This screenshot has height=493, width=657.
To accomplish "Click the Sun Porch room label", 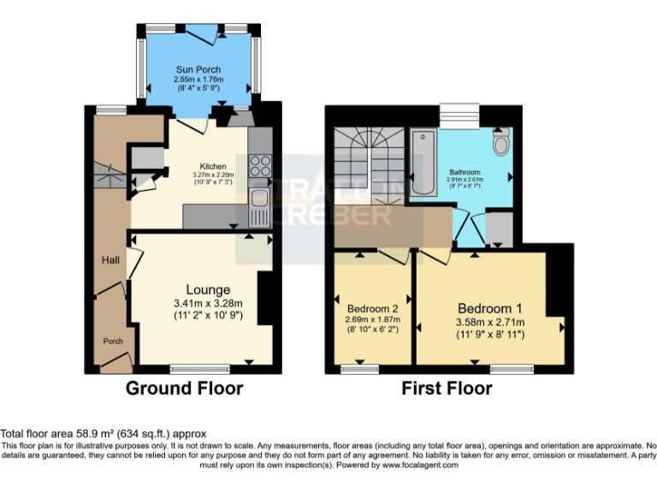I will coord(198,69).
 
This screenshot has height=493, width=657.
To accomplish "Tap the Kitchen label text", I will coord(213,166).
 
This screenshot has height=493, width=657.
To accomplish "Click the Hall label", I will coord(109,260).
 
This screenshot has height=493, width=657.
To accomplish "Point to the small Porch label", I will coord(114,342).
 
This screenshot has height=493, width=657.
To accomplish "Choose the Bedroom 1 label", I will coord(489,308).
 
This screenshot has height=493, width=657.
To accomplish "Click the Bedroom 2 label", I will coord(373,309).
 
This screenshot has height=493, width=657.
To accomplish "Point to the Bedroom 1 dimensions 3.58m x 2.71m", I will coord(489,322).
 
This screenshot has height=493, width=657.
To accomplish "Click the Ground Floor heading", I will coord(184,389).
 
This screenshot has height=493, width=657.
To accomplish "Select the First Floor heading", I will coord(447,389).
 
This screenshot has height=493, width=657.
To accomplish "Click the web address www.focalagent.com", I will coord(420,466).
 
